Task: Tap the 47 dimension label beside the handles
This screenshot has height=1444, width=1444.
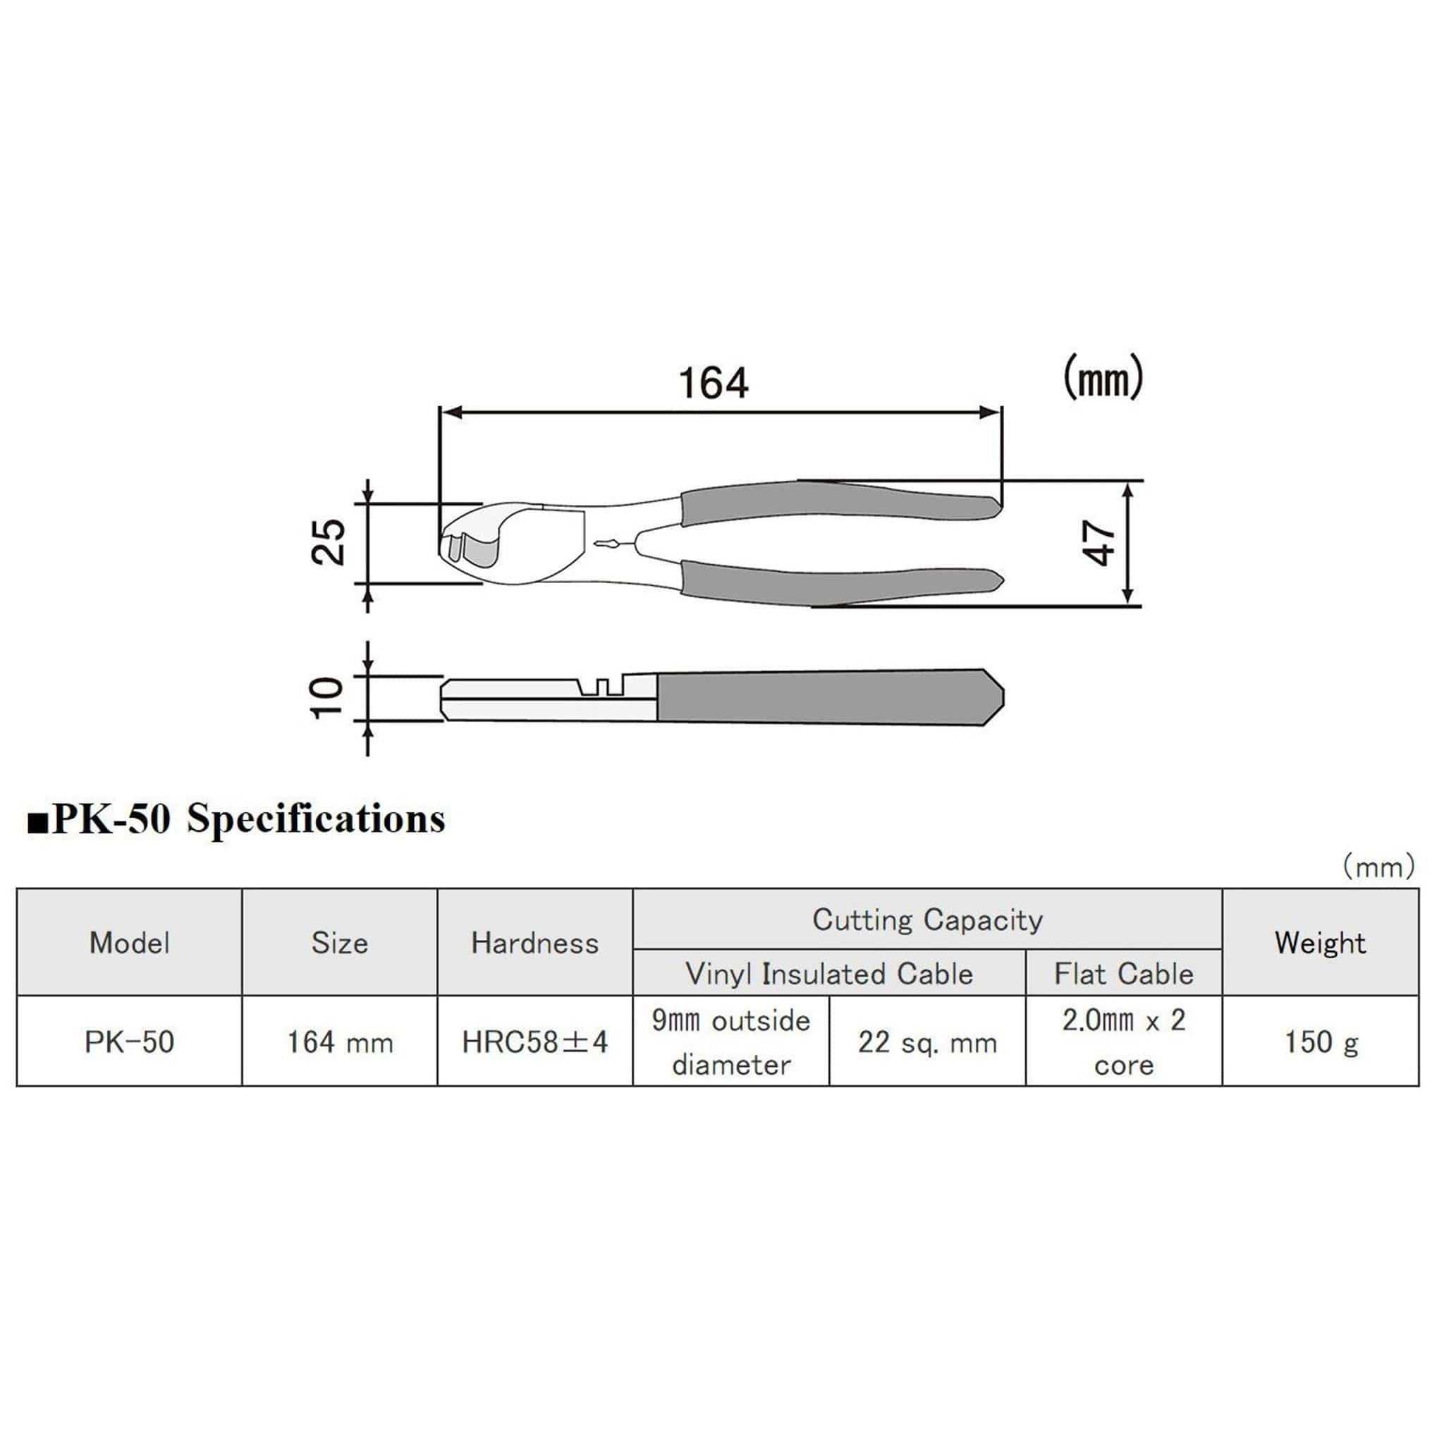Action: [1099, 544]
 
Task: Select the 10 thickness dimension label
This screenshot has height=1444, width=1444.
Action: [327, 698]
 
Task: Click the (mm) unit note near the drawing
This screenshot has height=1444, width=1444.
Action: [1103, 377]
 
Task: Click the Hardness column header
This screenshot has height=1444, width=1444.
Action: [534, 943]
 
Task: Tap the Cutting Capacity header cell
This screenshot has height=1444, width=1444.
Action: [926, 920]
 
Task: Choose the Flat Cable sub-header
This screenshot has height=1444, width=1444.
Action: [1123, 974]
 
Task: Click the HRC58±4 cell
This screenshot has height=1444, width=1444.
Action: [534, 1042]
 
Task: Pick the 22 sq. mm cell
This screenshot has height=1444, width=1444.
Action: [926, 1042]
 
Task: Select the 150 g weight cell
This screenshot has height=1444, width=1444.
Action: [1320, 1042]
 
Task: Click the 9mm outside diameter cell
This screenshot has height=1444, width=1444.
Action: [730, 1042]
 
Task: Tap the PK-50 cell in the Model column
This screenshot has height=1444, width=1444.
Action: [129, 1042]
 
